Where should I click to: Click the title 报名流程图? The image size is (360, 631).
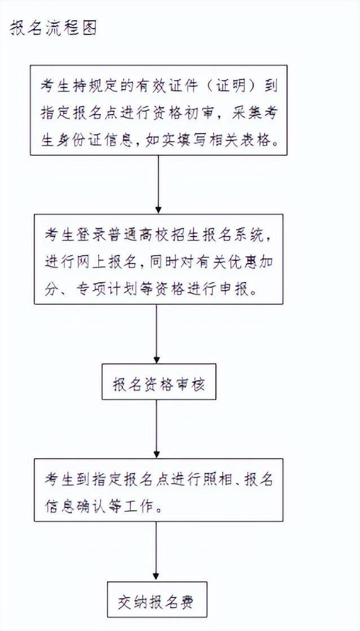pos(52,28)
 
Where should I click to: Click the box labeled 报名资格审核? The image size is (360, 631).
pos(159,382)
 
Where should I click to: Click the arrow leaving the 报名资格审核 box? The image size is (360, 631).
pos(157,429)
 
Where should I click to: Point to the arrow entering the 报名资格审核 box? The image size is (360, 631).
pos(157,334)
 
